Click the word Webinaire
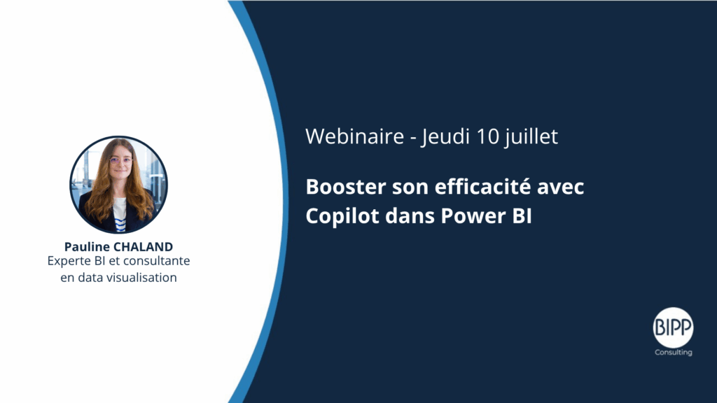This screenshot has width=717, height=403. click(x=355, y=136)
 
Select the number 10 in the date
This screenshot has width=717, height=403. click(x=488, y=136)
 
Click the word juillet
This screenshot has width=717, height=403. click(x=531, y=137)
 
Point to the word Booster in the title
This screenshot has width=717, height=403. click(x=346, y=187)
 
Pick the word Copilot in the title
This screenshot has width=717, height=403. click(x=342, y=215)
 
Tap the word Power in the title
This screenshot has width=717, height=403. click(x=473, y=216)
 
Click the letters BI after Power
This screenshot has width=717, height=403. click(x=522, y=216)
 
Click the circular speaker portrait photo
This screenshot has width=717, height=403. click(x=118, y=185)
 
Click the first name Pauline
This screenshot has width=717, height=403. click(x=87, y=247)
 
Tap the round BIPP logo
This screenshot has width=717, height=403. click(x=673, y=327)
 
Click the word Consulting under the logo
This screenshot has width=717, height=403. click(x=674, y=353)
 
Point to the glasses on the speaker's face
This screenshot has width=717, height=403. click(x=121, y=161)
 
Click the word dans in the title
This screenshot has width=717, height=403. click(x=410, y=216)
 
